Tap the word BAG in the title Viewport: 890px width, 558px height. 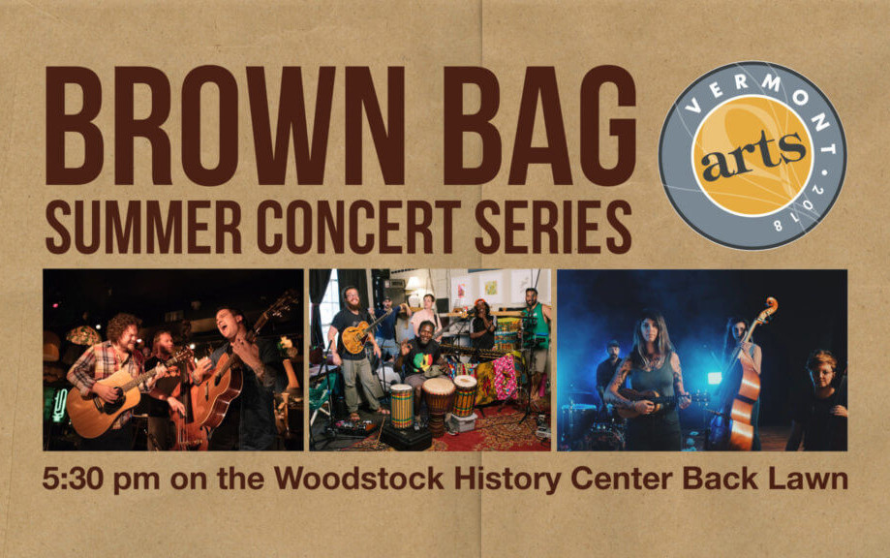click(539, 125)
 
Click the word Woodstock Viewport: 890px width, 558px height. click(359, 479)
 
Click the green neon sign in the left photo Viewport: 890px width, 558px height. click(60, 405)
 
